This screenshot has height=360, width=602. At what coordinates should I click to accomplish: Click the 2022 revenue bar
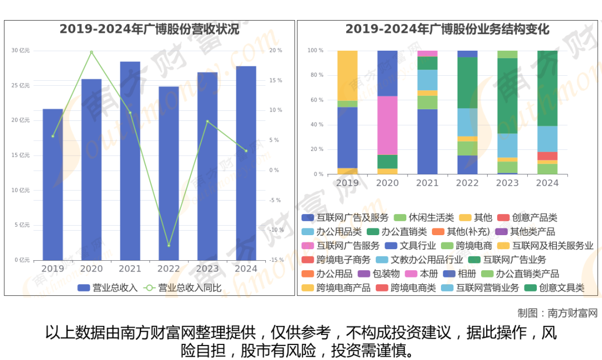[x=168, y=173]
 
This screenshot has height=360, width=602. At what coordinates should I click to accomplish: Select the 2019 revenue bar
[x=52, y=184]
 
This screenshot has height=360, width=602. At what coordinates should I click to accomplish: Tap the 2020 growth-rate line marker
[x=91, y=52]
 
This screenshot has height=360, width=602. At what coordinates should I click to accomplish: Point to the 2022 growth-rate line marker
[x=168, y=245]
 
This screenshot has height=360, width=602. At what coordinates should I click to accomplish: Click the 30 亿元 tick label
[x=21, y=51]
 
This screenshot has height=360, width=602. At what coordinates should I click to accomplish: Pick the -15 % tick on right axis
[x=276, y=260]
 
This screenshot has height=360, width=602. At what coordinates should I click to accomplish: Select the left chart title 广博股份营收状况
[x=149, y=30]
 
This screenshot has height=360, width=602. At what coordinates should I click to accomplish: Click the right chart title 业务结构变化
[x=447, y=30]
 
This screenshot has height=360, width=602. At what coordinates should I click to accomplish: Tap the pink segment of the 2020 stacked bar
[x=387, y=125]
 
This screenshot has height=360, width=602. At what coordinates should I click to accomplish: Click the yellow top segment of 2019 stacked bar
[x=347, y=75]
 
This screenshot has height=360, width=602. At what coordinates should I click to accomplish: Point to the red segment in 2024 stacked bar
[x=547, y=156]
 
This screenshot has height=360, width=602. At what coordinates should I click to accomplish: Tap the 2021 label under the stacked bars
[x=427, y=183]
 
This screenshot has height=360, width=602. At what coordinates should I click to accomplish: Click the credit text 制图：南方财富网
[x=557, y=313]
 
